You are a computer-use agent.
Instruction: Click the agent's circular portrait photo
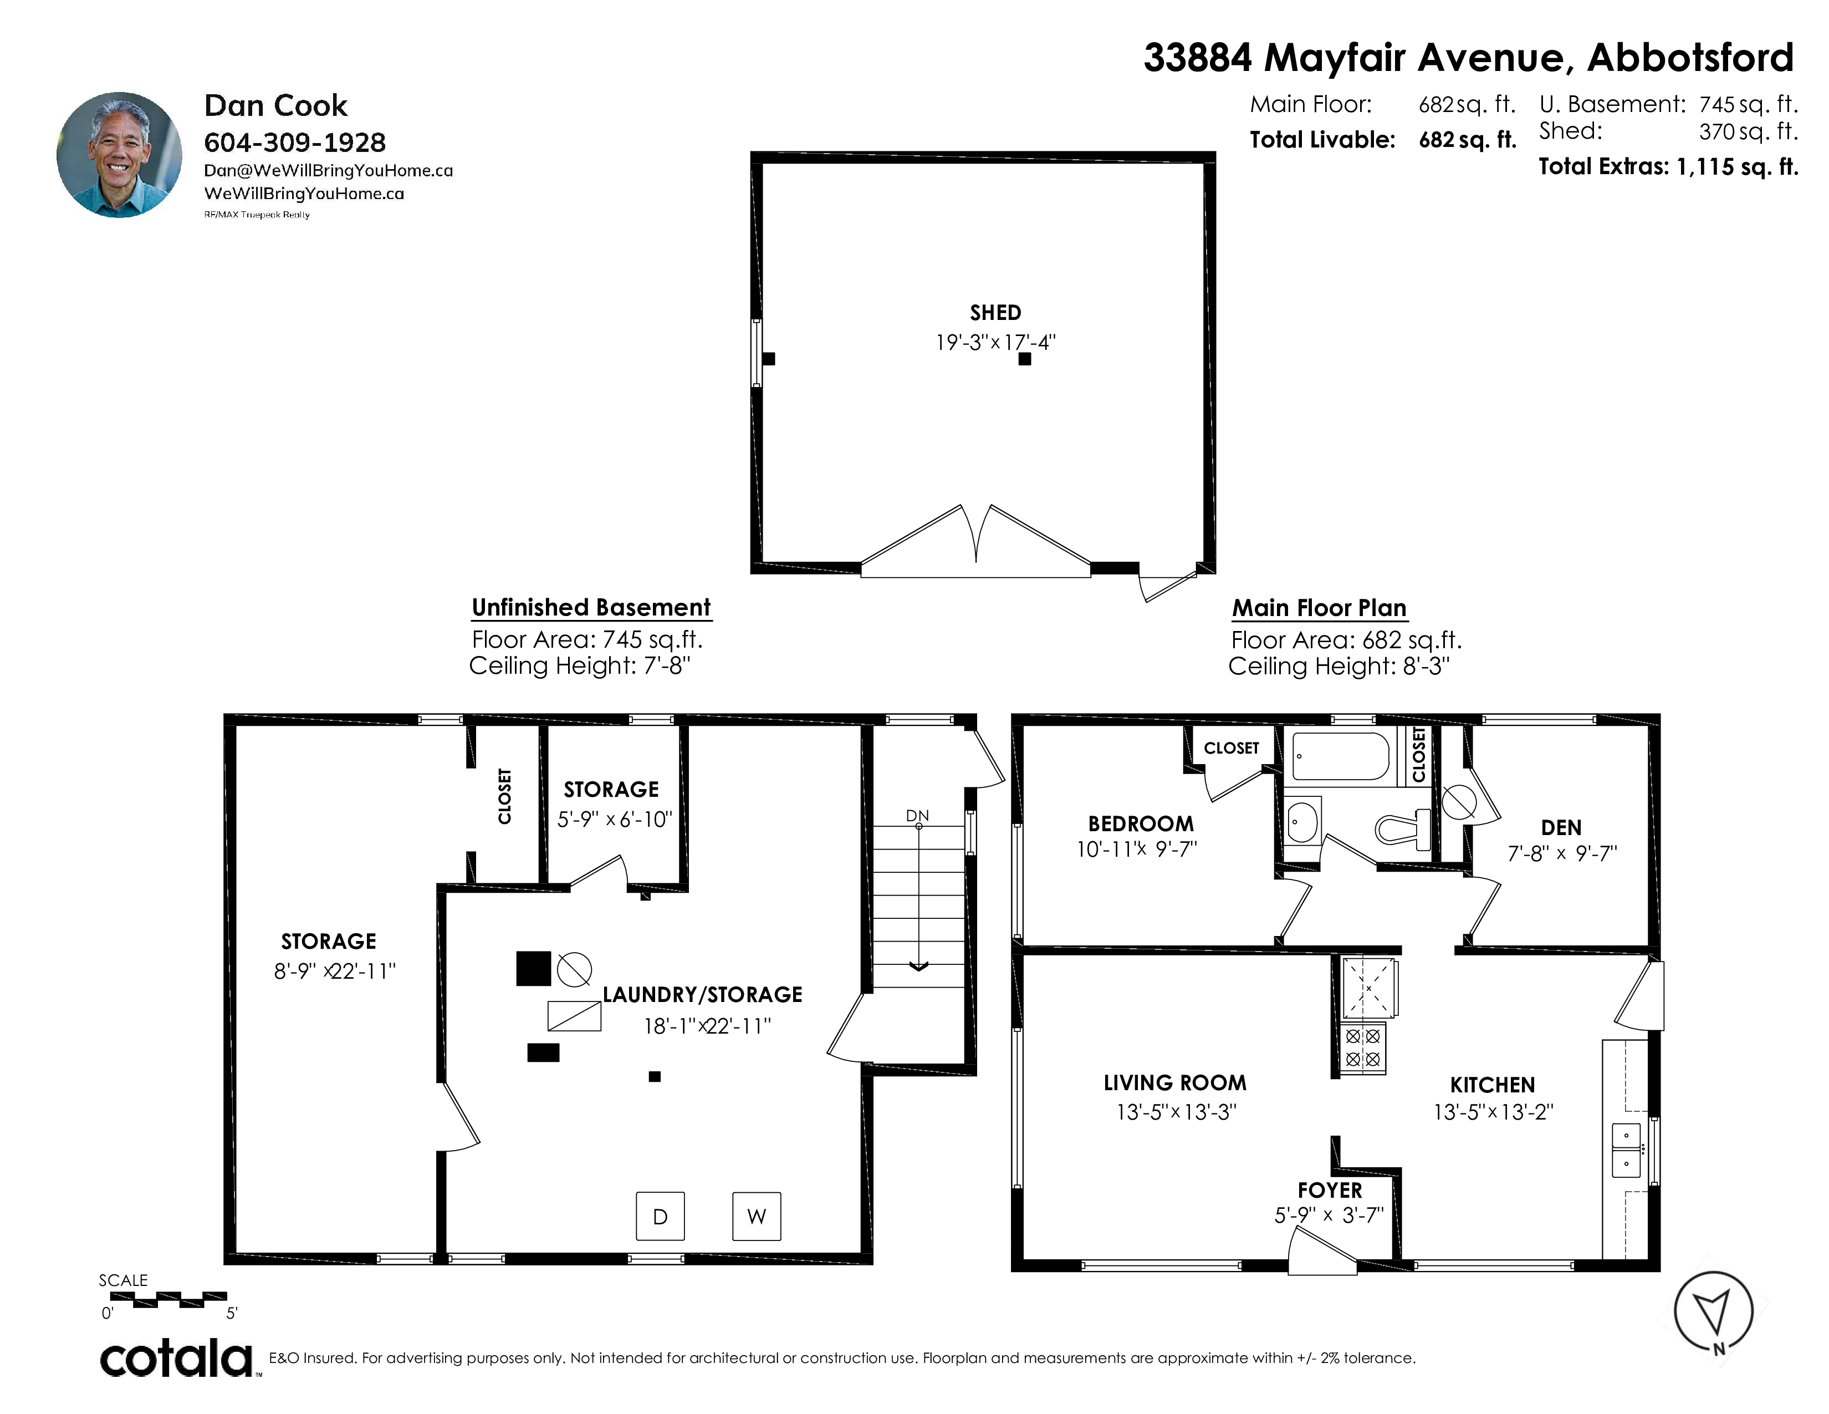[119, 155]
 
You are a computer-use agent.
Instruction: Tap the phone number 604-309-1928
[295, 143]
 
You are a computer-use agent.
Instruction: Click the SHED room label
[995, 312]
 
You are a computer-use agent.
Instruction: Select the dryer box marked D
[660, 1216]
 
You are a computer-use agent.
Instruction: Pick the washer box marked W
[756, 1216]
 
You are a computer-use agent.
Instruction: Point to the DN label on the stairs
[917, 815]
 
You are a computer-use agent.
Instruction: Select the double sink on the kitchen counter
[1626, 1149]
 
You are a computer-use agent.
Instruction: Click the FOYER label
[1330, 1189]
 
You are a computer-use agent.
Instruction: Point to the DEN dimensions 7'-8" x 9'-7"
[1562, 853]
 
